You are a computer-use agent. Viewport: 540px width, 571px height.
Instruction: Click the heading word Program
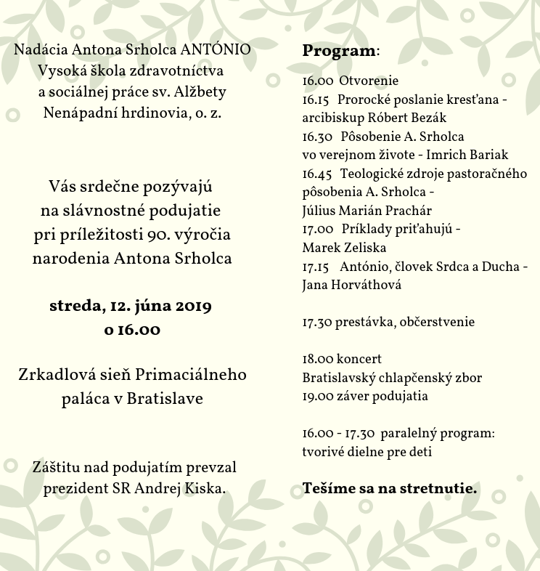[x=339, y=52]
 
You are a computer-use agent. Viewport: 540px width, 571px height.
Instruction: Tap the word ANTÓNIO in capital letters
[x=216, y=50]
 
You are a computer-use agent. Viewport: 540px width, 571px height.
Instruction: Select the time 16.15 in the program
[x=316, y=100]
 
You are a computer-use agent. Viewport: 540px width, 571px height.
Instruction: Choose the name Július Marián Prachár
[x=367, y=211]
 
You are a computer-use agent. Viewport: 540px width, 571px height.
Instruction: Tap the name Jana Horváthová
[x=351, y=285]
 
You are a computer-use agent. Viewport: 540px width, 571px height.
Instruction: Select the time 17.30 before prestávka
[x=316, y=322]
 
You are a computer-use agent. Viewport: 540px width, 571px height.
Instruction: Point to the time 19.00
[x=316, y=396]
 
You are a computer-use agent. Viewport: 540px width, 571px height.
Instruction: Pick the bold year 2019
[x=188, y=306]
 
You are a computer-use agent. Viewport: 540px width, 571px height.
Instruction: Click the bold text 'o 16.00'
[x=131, y=329]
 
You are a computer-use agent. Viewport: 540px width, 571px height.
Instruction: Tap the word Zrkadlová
[x=59, y=375]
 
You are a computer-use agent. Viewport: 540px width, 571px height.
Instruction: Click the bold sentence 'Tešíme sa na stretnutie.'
[x=390, y=488]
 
